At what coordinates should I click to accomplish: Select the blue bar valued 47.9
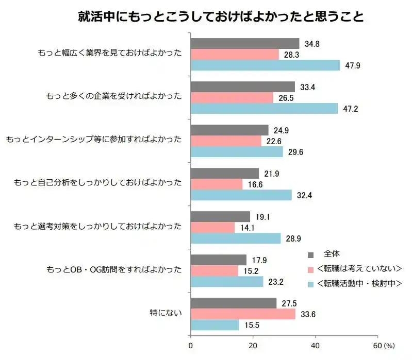pos(265,65)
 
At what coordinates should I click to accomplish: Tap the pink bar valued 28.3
pos(235,55)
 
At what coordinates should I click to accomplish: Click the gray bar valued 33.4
pos(242,87)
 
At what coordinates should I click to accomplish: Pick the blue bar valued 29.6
pos(237,152)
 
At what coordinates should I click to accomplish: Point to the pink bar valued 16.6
pos(217,184)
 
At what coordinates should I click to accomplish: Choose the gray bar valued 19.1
pos(220,217)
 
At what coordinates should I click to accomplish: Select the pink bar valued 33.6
pos(243,314)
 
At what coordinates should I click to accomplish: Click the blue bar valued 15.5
pos(215,325)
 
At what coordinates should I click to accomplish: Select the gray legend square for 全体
pos(310,254)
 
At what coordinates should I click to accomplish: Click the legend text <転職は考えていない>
pos(359,269)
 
